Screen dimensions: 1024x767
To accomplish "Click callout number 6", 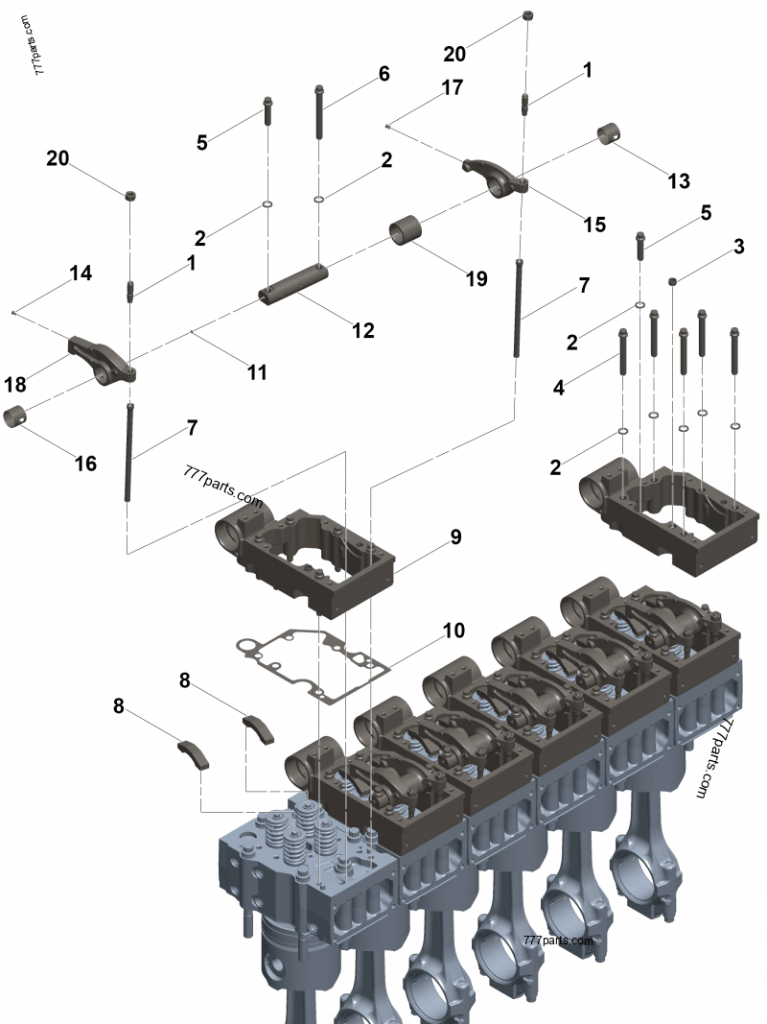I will pyautogui.click(x=383, y=74).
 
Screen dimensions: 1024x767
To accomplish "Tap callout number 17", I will pyautogui.click(x=452, y=88).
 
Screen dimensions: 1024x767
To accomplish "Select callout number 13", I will pyautogui.click(x=678, y=180).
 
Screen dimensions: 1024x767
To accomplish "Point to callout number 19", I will pyautogui.click(x=476, y=278).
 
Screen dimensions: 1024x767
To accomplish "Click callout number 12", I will pyautogui.click(x=362, y=330).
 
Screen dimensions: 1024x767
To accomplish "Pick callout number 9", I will pyautogui.click(x=455, y=537).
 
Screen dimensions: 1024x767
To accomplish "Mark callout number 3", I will pyautogui.click(x=738, y=247).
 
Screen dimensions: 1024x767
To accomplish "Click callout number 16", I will pyautogui.click(x=85, y=464).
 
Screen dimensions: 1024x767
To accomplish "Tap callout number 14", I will pyautogui.click(x=81, y=274).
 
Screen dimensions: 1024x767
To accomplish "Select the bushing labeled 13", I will pyautogui.click(x=608, y=133).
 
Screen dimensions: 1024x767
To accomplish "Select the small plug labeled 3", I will pyautogui.click(x=673, y=279).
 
